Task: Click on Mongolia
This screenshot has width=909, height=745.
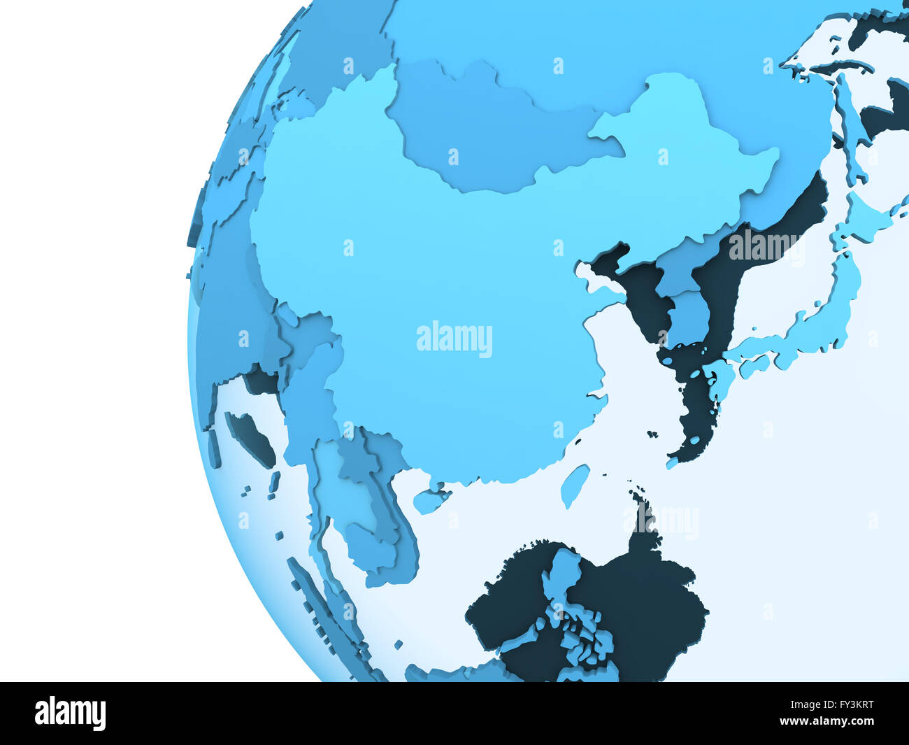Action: pos(489,133)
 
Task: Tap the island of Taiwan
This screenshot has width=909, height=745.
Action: pos(574,484)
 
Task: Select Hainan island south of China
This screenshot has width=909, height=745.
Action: pos(431,500)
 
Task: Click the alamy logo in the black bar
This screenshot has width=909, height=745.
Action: pos(70,714)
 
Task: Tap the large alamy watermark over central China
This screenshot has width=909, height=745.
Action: pos(454,339)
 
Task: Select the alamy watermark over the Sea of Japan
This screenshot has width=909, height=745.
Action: pos(765,245)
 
